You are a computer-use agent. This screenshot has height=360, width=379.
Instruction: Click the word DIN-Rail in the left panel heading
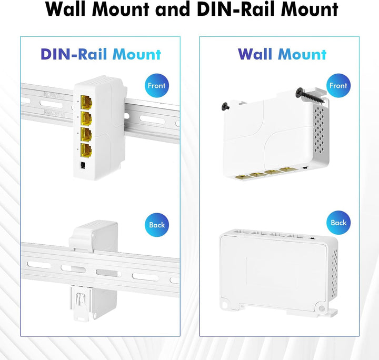pos(74,54)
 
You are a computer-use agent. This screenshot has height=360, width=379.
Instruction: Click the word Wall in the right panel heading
pos(255,54)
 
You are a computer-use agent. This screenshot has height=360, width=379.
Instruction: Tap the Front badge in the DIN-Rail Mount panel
pos(157,86)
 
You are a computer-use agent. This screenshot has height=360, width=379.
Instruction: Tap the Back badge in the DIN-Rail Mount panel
pos(157,225)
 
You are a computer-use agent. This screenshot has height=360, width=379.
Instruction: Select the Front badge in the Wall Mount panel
pos(338,86)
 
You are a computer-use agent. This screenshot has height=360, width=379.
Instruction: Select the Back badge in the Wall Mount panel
pos(338,223)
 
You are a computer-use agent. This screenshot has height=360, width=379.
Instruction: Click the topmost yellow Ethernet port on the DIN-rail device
pos(86,102)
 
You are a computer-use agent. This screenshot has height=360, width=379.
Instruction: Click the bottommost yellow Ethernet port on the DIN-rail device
pos(86,151)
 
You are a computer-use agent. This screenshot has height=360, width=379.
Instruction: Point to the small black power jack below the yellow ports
pos(83,165)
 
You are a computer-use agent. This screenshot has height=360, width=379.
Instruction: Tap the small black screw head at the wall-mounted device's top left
pos(225,106)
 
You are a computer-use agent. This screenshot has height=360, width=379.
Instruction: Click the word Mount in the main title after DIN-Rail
pos(310,9)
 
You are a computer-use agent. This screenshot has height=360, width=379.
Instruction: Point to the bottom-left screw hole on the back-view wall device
pos(225,304)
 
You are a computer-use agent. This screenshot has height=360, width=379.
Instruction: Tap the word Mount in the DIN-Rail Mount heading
pos(137,54)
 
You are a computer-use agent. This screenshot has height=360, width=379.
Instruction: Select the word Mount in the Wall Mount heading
pos(302,54)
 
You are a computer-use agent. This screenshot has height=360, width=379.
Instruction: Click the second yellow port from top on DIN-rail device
pos(86,118)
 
